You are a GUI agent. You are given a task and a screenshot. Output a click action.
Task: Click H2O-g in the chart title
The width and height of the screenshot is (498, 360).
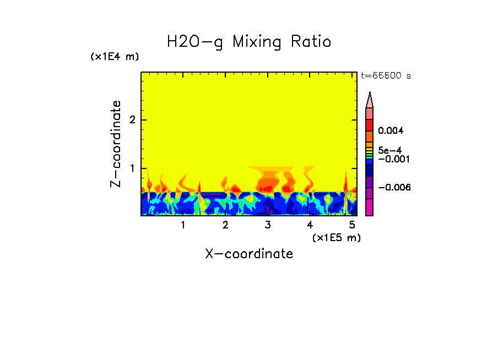click(x=195, y=42)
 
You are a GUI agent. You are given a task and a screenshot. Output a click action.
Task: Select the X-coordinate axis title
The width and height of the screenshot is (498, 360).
click(x=249, y=254)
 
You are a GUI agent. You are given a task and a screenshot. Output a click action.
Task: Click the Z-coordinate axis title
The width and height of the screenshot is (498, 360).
click(x=116, y=144)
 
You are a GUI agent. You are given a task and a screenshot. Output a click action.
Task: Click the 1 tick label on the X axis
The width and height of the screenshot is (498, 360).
click(x=183, y=225)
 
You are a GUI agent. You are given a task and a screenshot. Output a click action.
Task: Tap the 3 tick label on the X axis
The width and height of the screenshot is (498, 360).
click(x=268, y=225)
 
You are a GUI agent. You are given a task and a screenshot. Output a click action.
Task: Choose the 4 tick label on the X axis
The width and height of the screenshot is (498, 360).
click(x=310, y=225)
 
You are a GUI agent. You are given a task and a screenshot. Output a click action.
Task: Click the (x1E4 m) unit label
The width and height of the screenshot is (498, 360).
click(x=115, y=57)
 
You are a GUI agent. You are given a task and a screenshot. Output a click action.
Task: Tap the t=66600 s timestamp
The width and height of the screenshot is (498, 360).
click(x=386, y=76)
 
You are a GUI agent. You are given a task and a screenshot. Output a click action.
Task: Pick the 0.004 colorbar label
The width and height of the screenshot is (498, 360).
click(x=391, y=131)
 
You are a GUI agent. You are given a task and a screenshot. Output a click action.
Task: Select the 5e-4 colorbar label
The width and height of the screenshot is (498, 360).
click(x=389, y=150)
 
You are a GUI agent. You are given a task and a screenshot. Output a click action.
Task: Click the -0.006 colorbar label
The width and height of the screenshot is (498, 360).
click(x=394, y=188)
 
